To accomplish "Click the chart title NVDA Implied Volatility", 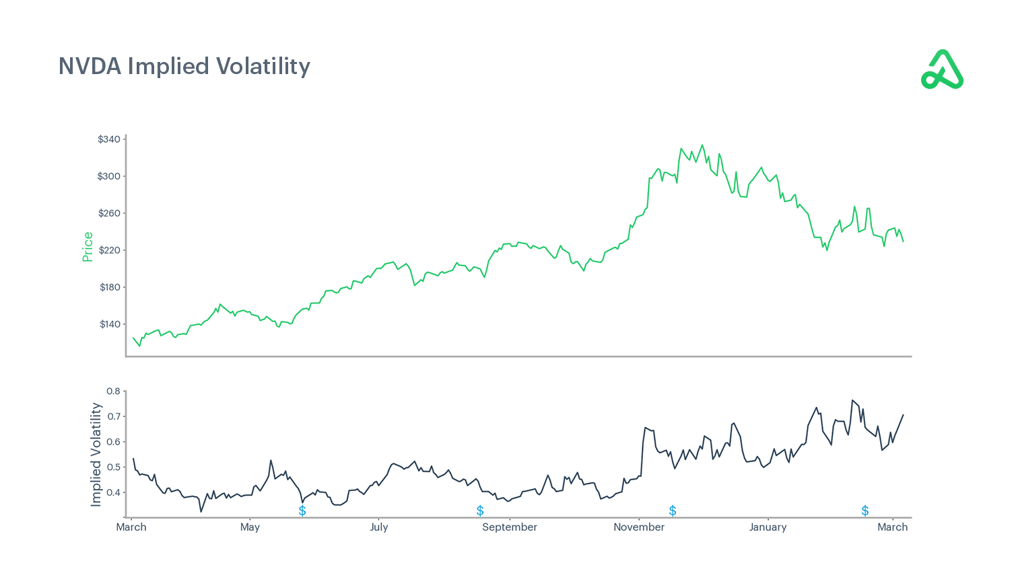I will (x=184, y=66).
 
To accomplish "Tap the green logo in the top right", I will (x=942, y=69).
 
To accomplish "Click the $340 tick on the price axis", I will (x=109, y=139).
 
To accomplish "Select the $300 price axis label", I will (x=109, y=176).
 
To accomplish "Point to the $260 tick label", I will (x=109, y=214).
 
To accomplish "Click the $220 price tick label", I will (x=109, y=251).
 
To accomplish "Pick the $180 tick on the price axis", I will (x=110, y=288).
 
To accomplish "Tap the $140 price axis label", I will (x=110, y=325).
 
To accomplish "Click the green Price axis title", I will (x=88, y=247).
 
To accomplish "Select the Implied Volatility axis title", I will (x=96, y=455).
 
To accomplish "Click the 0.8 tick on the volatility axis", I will (x=113, y=391).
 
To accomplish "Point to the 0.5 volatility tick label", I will (x=113, y=467).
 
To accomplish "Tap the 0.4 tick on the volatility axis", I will (x=113, y=493).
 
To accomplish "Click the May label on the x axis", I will (x=250, y=527).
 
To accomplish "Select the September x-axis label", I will (x=510, y=527).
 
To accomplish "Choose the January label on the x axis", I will (x=768, y=527).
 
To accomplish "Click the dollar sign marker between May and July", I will (x=302, y=511).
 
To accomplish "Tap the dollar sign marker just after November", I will (x=672, y=511).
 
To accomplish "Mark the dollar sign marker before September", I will (x=480, y=511).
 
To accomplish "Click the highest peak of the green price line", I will (x=702, y=145).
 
